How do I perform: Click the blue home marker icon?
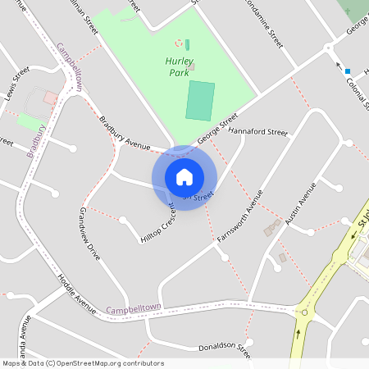point(184,177)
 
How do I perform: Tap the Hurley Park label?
point(179,65)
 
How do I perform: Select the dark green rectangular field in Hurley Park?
point(200,100)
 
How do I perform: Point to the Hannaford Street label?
point(258,131)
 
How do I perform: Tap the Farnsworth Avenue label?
point(239,216)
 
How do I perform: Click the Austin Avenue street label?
point(300,203)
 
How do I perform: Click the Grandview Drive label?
point(89,233)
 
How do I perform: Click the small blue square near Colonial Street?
point(348,71)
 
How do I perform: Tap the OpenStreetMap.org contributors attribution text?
point(106,363)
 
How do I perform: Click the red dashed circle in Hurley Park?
point(179,43)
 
